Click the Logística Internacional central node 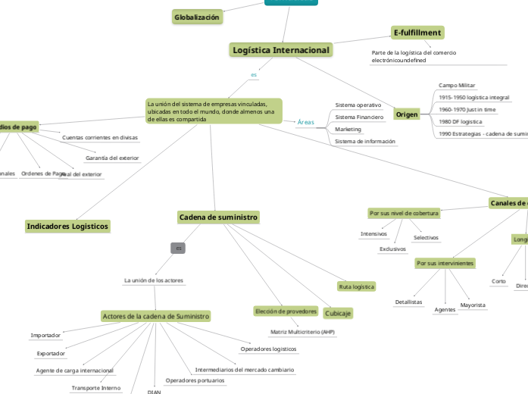point(280,50)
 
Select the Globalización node point(197,17)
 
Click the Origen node point(407,114)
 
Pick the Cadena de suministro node point(218,217)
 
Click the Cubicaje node point(338,314)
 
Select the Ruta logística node point(357,287)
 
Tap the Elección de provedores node point(286,311)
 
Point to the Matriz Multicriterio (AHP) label point(302,333)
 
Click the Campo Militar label point(457,86)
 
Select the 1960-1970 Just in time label point(467,110)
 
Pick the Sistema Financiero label point(359,117)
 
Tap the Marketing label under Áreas point(348,130)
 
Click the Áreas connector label point(305,122)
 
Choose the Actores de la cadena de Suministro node point(155,316)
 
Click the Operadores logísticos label point(268,349)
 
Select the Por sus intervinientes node point(445,264)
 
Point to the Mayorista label point(473,305)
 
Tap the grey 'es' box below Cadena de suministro point(179,248)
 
